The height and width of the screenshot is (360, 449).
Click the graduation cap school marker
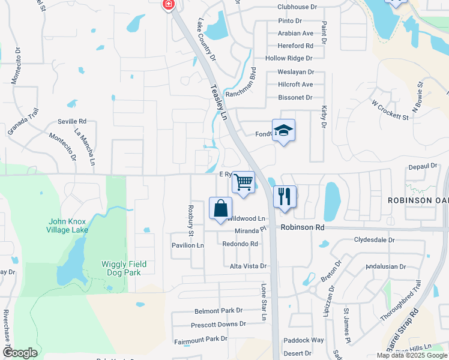point(284,130)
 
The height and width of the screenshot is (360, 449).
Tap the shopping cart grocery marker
point(243,182)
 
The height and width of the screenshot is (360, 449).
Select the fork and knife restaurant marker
point(285,196)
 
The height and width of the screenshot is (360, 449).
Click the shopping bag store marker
point(220,208)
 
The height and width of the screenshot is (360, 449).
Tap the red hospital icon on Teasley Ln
point(168,4)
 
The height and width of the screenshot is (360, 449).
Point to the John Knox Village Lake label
point(68,226)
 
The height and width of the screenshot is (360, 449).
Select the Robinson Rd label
point(303,228)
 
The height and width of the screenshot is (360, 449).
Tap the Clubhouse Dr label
point(297,7)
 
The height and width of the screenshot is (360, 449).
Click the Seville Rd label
point(72,121)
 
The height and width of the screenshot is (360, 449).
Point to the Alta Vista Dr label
point(248,266)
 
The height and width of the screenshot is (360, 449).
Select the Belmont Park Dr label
point(218,311)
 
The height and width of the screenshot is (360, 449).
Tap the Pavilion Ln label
point(187,245)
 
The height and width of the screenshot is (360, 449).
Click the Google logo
point(20,353)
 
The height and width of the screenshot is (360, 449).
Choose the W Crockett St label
point(390,110)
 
